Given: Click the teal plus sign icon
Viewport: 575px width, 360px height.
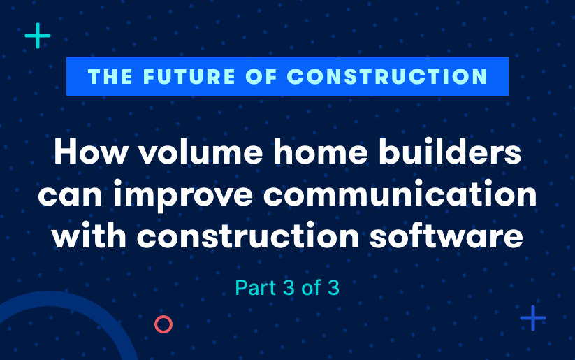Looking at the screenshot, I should pos(38,36).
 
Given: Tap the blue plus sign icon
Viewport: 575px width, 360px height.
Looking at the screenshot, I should pos(532,318).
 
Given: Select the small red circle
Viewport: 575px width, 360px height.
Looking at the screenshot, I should pos(163,324).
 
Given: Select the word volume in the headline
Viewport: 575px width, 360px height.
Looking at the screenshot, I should pos(190,153).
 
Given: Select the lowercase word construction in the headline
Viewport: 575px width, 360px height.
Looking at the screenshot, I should pos(263,237).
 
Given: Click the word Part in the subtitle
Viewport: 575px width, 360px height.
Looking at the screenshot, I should pos(255,287).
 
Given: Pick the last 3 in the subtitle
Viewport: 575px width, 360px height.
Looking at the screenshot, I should pos(333,287).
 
